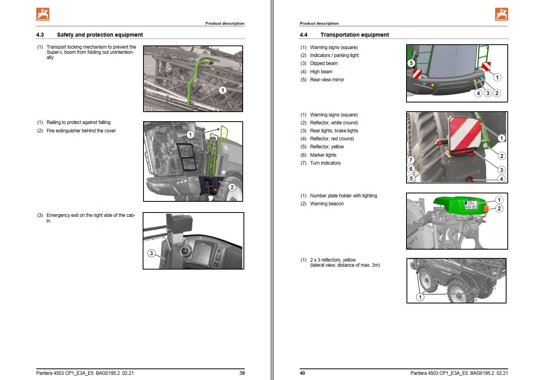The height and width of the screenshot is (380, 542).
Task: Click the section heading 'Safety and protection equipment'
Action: pyautogui.click(x=100, y=35)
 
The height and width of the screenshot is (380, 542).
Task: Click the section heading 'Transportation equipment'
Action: pyautogui.click(x=354, y=35)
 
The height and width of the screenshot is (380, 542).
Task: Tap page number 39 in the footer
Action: pyautogui.click(x=242, y=373)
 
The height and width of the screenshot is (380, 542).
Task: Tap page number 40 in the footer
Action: pyautogui.click(x=302, y=373)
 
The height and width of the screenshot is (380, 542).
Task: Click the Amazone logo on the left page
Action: pyautogui.click(x=43, y=14)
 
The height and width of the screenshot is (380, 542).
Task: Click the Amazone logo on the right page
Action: pyautogui.click(x=501, y=14)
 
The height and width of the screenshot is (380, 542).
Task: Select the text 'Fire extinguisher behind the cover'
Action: pyautogui.click(x=81, y=131)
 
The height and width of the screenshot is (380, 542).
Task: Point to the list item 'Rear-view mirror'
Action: pyautogui.click(x=327, y=80)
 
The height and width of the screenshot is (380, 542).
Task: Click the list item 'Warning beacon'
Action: pyautogui.click(x=326, y=204)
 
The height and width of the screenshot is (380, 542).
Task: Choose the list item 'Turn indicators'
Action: pyautogui.click(x=325, y=163)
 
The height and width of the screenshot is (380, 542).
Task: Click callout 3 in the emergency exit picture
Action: pyautogui.click(x=151, y=253)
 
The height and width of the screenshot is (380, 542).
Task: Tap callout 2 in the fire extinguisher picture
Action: pyautogui.click(x=232, y=187)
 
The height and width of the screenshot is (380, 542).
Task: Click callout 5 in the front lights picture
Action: pyautogui.click(x=411, y=63)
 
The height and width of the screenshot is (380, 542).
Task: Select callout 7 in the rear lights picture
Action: pyautogui.click(x=411, y=160)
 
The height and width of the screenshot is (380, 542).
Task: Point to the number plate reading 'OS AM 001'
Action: pyautogui.click(x=471, y=205)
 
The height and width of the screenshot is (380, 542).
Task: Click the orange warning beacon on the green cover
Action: pyautogui.click(x=485, y=208)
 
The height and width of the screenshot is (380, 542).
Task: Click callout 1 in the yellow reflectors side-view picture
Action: pyautogui.click(x=420, y=297)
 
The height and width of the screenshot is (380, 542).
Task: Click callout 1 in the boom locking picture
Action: pyautogui.click(x=222, y=90)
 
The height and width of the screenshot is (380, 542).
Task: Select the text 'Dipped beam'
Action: pyautogui.click(x=324, y=63)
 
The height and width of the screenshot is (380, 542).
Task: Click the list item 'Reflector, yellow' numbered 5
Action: pyautogui.click(x=327, y=147)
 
